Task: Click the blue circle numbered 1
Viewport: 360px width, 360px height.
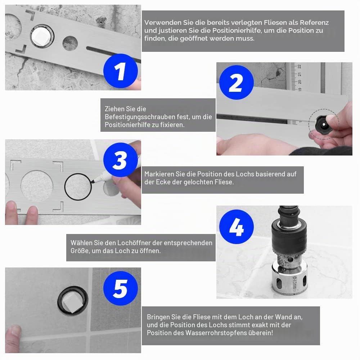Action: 121,71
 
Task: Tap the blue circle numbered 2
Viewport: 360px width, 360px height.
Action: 237,82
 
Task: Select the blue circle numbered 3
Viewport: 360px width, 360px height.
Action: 121,160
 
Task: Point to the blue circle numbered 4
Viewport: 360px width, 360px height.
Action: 237,227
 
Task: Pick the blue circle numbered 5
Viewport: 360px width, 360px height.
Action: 121,288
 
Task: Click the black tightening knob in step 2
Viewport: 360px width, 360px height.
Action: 324,124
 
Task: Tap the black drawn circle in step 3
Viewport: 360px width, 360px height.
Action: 78,187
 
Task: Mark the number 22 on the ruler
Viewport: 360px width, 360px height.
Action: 299,66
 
